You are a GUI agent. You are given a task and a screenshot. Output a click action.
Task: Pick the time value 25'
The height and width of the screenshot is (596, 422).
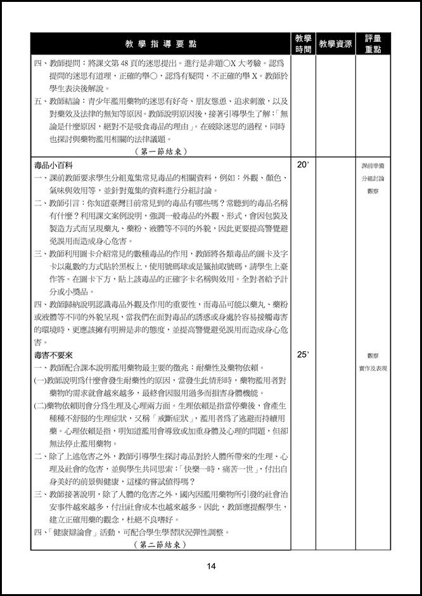click(x=302, y=355)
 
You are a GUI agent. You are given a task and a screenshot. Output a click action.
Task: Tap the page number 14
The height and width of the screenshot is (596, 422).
click(x=211, y=566)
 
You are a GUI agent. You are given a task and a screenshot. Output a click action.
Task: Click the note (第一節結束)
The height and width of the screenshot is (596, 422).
click(x=162, y=152)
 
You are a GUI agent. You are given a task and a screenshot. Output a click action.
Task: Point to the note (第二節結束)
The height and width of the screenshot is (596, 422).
click(x=162, y=544)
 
